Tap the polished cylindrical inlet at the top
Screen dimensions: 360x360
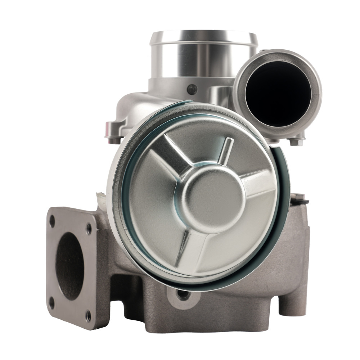[204, 54]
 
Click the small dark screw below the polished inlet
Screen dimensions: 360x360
[192, 89]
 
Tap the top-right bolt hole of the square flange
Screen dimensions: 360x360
[89, 228]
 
